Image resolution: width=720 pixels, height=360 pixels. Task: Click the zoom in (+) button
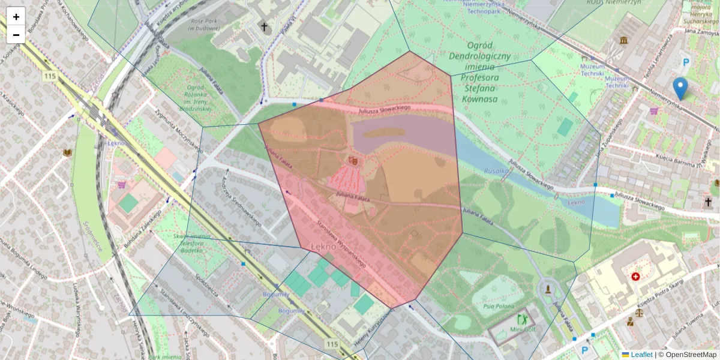pyautogui.click(x=16, y=17)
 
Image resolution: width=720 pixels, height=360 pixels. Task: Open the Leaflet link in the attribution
pyautogui.click(x=641, y=355)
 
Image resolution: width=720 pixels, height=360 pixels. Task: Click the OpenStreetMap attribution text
pyautogui.click(x=691, y=355)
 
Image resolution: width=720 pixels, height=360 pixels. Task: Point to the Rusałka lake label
pyautogui.click(x=497, y=170)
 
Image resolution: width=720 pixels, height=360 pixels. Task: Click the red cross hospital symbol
pyautogui.click(x=635, y=277)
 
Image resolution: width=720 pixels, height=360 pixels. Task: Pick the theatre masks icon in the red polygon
pyautogui.click(x=353, y=160)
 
